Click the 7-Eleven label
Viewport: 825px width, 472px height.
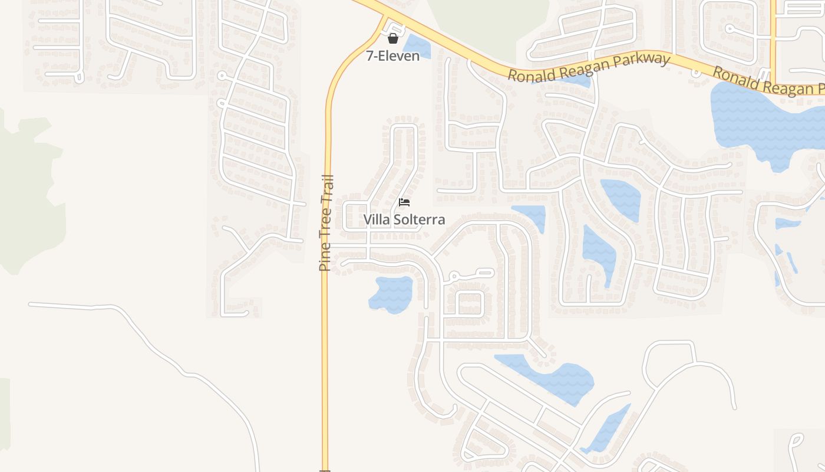tap(393, 56)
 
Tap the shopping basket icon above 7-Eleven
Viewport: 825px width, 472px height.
tap(393, 38)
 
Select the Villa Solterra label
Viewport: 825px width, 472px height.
tap(404, 219)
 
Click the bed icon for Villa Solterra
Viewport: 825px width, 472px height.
tap(404, 202)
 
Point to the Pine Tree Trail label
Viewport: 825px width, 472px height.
tap(325, 222)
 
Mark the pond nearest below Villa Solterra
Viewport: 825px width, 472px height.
tap(391, 293)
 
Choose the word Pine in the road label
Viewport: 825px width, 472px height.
tap(325, 258)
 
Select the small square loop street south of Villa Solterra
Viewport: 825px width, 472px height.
tap(470, 303)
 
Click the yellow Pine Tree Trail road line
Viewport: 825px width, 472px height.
tap(325, 354)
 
